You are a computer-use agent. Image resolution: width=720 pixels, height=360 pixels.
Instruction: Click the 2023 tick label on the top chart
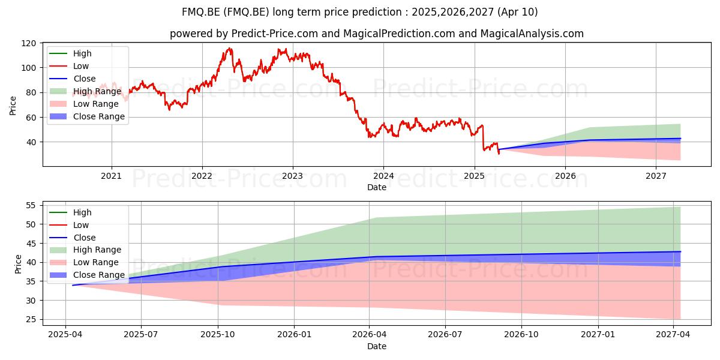[x=292, y=176]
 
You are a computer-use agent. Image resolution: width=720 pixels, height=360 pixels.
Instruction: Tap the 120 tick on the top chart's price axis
[x=28, y=43]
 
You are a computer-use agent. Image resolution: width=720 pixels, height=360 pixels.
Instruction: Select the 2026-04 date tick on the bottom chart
[x=369, y=335]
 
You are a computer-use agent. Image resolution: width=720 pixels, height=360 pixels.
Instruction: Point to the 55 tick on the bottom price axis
[x=31, y=205]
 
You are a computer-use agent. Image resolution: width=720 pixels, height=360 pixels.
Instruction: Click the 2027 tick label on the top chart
[x=656, y=176]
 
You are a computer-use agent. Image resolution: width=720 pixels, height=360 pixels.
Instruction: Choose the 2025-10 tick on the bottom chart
[x=218, y=335]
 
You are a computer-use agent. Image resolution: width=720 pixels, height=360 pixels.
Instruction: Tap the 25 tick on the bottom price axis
[x=31, y=319]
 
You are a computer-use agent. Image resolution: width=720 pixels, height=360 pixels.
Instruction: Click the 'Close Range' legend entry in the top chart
[x=87, y=116]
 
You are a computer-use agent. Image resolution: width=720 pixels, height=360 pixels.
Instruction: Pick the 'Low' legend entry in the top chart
[x=69, y=66]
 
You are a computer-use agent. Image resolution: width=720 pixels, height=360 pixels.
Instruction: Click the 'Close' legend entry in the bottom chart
[x=73, y=238]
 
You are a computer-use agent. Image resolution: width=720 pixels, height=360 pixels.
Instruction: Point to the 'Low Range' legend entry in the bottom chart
[x=84, y=262]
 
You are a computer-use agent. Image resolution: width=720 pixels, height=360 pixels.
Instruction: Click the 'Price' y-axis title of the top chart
[x=13, y=106]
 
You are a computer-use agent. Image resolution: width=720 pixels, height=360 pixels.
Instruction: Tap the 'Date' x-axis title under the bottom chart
[x=377, y=347]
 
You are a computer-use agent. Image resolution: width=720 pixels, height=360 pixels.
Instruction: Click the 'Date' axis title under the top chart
[x=377, y=187]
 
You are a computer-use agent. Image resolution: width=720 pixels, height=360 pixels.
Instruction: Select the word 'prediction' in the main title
[x=377, y=12]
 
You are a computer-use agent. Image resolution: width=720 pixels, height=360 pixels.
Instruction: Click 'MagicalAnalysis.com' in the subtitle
[x=532, y=34]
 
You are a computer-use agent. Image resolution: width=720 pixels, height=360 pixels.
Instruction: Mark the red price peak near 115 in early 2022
[x=229, y=49]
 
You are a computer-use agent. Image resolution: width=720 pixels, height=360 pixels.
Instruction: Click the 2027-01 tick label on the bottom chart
[x=598, y=335]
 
